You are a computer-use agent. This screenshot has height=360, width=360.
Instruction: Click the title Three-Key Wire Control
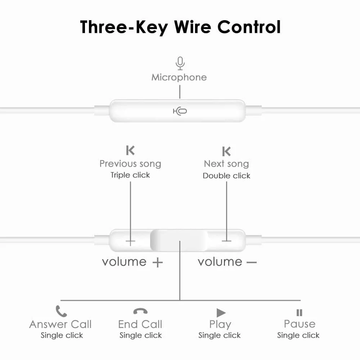point(180,27)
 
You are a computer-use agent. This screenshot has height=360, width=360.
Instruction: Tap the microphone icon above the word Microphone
point(180,63)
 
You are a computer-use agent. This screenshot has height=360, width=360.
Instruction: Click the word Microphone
point(179,77)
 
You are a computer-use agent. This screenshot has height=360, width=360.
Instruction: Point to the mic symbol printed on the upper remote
point(180,111)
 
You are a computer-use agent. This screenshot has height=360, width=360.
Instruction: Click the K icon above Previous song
point(130,150)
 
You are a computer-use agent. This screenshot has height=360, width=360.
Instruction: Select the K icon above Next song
point(226,151)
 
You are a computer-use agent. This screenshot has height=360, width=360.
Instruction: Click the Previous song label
point(130,164)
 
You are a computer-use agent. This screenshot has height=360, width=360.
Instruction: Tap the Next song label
point(226,164)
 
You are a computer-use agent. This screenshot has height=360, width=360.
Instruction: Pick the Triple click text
point(130,175)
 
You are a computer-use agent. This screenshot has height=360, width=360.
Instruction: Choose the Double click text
point(226,176)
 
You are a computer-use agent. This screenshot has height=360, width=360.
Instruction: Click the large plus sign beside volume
point(158,262)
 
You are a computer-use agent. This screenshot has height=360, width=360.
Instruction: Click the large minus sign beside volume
point(252,262)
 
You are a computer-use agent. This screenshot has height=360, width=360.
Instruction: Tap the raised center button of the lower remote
point(179,240)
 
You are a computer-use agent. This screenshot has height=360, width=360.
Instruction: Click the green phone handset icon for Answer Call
point(61,311)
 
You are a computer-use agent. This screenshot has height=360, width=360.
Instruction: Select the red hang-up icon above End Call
point(140,311)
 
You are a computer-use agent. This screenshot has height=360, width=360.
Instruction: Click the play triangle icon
point(221,313)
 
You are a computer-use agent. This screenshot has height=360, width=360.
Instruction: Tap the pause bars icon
point(300,313)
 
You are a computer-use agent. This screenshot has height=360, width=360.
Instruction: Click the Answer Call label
point(60,324)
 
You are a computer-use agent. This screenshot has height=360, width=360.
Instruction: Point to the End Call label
point(140,324)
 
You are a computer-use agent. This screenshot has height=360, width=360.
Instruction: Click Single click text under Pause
point(298,336)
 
